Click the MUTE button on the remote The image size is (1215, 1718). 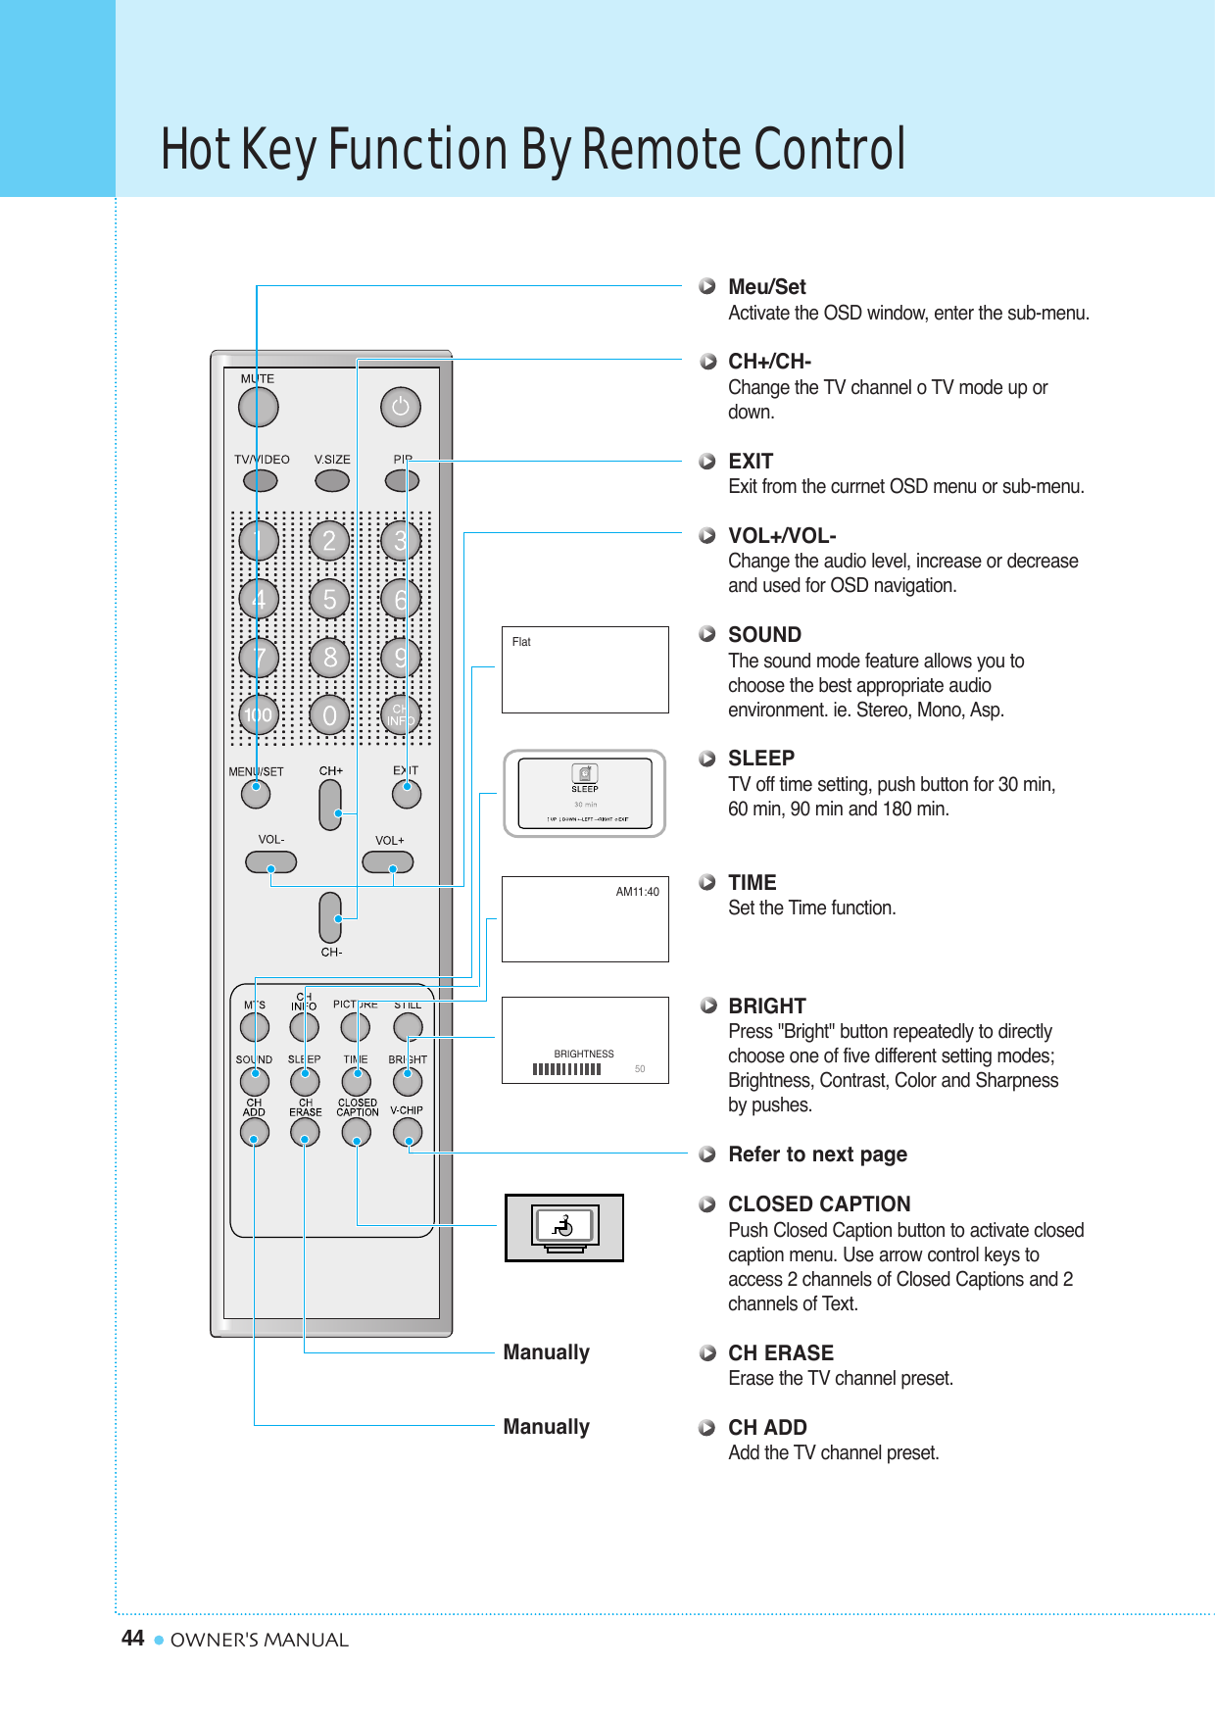[x=259, y=407]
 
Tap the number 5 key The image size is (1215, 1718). [x=330, y=599]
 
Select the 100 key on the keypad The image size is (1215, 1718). [x=259, y=715]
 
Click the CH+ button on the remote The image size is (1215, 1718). [x=331, y=805]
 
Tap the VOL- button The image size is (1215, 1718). [x=270, y=862]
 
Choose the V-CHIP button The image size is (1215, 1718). [x=408, y=1132]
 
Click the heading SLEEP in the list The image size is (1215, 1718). [x=761, y=759]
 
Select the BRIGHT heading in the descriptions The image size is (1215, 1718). [x=767, y=1006]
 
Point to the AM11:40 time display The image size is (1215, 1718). [x=637, y=892]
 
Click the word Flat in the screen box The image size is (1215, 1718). [x=521, y=642]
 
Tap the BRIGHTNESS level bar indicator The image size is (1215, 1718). [x=566, y=1069]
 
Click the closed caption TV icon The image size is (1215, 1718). [x=564, y=1227]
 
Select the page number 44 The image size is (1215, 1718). [x=133, y=1639]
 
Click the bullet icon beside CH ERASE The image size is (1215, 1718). [x=707, y=1353]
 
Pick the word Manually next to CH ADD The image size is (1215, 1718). [x=546, y=1427]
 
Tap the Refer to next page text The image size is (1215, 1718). [x=817, y=1154]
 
